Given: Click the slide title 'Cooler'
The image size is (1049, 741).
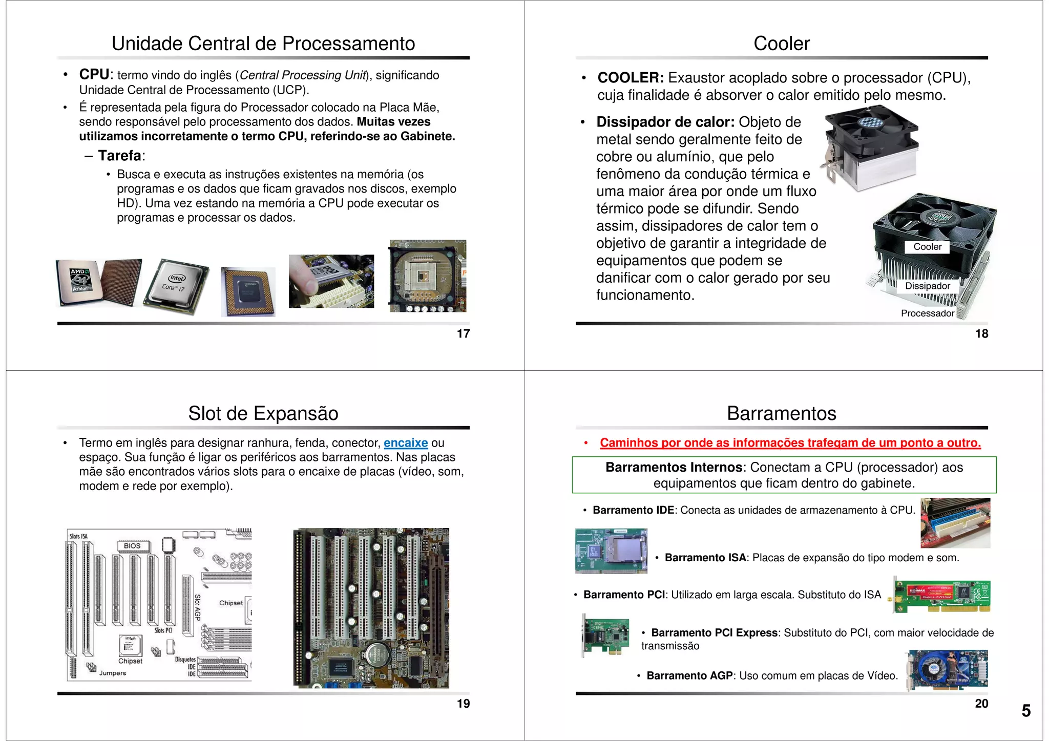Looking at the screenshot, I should click(x=781, y=44).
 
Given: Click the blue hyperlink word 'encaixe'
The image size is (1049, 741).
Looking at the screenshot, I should click(x=405, y=443).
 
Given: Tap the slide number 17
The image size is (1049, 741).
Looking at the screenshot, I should click(x=463, y=334).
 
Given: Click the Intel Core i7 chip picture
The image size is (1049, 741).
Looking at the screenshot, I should click(x=176, y=286).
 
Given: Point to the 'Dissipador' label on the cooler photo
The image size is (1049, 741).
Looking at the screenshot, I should click(x=927, y=286).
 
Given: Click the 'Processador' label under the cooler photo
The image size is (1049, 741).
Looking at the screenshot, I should click(x=927, y=313).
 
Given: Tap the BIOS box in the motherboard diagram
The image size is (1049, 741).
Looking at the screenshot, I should click(x=132, y=546).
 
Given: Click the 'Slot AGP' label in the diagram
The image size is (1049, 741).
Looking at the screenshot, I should click(x=197, y=607).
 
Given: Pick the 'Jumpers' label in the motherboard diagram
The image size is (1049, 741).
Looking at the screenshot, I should click(x=113, y=673).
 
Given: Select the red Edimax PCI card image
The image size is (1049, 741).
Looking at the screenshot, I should click(x=941, y=595).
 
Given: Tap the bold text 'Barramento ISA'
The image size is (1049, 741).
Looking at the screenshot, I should click(x=705, y=558).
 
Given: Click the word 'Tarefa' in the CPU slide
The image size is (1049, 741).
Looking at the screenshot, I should click(x=120, y=156).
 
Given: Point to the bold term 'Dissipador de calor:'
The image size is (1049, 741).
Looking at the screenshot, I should click(x=665, y=122).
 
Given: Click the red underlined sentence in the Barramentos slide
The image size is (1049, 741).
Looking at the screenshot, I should click(x=790, y=443).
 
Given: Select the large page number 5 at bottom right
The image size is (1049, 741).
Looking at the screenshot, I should click(x=1026, y=711).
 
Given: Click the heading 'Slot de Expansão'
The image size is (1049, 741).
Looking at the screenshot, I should click(x=263, y=413).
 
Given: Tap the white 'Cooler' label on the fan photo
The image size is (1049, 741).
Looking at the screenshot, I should click(x=927, y=247).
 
